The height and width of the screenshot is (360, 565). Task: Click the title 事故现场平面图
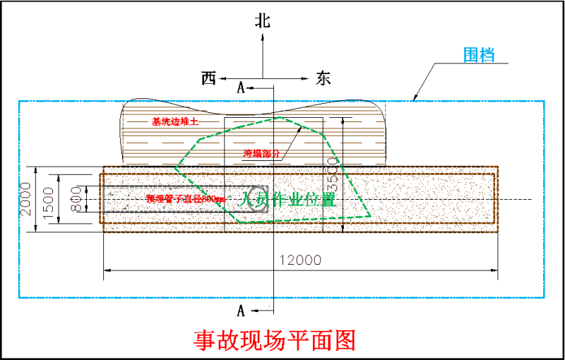pos(275,341)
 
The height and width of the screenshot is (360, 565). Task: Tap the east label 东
pos(323,78)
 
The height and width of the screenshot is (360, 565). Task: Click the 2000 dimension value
pos(27,200)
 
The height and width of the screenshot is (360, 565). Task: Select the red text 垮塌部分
pos(261,153)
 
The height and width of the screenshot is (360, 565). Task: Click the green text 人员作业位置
pos(287,200)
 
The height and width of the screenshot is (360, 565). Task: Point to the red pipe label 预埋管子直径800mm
pos(185,199)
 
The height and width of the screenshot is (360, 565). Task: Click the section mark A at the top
pos(241,88)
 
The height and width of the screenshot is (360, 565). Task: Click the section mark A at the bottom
pos(241,311)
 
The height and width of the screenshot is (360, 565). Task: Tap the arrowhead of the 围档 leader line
pos(415,98)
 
